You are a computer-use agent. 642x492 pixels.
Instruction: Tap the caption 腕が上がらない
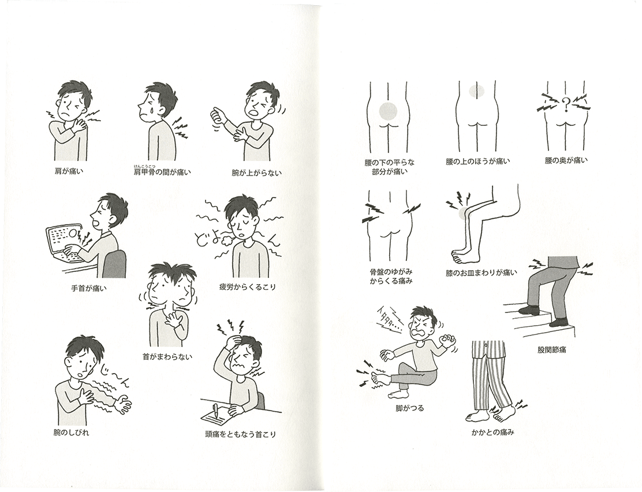coord(257,173)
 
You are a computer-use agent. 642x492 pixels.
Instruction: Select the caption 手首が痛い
coord(89,288)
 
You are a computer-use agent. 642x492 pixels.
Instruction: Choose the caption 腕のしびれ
coord(71,433)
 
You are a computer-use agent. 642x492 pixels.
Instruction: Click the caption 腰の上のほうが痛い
coord(478,162)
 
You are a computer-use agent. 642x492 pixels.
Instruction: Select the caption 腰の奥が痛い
coord(566,161)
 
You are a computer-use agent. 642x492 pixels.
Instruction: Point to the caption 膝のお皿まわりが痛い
coord(481,273)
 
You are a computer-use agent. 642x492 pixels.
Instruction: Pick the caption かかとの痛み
coord(493,432)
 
